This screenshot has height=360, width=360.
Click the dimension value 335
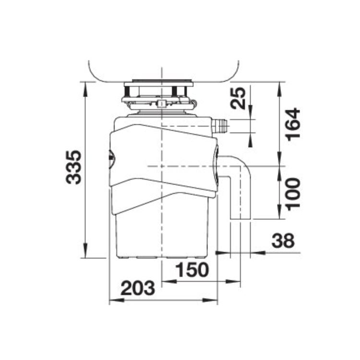[74, 167]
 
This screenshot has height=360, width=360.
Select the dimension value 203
[138, 289]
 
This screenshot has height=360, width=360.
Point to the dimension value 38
[283, 241]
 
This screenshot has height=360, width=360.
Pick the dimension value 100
[292, 193]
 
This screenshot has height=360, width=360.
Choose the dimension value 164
[292, 124]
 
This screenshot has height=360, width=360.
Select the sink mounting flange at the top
[158, 84]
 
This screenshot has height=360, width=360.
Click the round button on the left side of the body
[110, 157]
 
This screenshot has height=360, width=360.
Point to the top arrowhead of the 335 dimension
[85, 85]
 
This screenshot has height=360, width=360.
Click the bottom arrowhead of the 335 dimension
[85, 254]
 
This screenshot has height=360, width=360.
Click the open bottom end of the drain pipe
[240, 218]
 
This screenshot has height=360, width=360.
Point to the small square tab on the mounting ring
[162, 103]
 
